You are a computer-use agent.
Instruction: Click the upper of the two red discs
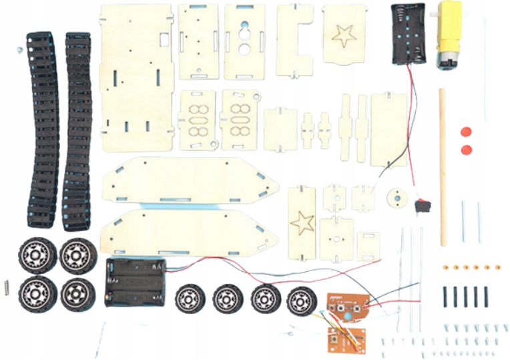[x=465, y=131]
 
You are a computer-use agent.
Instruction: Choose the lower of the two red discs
[x=465, y=148]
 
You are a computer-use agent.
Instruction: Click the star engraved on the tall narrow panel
[x=302, y=222]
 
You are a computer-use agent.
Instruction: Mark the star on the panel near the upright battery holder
[x=344, y=35]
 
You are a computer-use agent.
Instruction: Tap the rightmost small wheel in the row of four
[x=301, y=301]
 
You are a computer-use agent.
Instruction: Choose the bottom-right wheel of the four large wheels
[x=77, y=293]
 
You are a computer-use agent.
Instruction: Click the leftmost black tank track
[x=40, y=120]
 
